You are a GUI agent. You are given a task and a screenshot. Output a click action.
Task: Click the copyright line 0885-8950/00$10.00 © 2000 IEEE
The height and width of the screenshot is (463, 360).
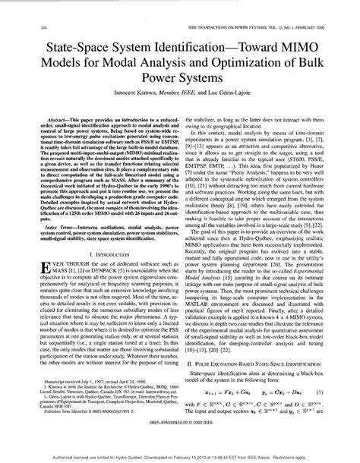(180, 442)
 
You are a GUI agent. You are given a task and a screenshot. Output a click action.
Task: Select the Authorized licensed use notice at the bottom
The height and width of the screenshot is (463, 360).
(180, 457)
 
